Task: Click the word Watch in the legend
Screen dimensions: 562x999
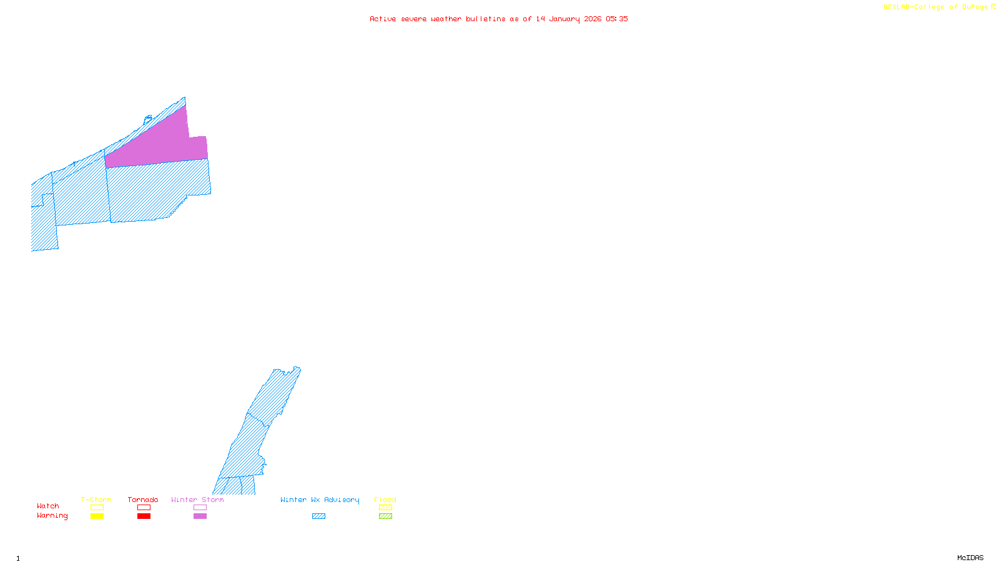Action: point(48,506)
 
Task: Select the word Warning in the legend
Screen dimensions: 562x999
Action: point(52,516)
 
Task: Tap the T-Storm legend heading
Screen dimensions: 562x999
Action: point(96,500)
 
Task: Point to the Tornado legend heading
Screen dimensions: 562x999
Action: point(143,500)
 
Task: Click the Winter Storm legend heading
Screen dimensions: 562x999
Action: point(197,500)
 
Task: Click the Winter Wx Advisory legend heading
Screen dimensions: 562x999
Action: point(320,500)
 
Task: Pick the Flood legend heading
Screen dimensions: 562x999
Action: point(385,500)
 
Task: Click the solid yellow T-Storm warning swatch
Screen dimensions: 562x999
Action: point(97,516)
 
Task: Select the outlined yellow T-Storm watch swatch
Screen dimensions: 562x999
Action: point(97,508)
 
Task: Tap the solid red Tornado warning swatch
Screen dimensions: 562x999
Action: point(144,516)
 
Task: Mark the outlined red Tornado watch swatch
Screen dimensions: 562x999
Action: point(144,508)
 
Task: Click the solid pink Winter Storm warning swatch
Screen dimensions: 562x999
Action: point(200,516)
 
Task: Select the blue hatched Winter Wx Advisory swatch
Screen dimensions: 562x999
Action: point(318,516)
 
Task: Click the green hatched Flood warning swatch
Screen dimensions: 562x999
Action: point(385,516)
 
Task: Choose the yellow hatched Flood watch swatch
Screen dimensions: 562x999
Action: point(385,508)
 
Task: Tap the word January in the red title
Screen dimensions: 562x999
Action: point(564,19)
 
